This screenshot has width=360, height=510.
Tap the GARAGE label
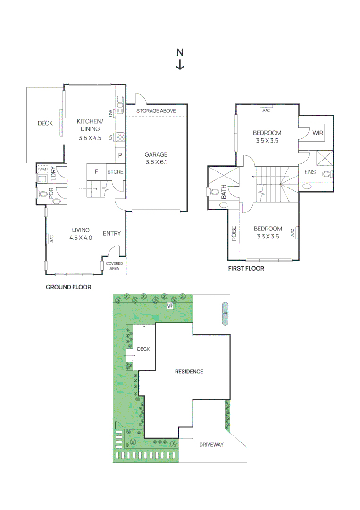[x=156, y=154]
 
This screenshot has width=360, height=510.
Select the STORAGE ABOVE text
[x=156, y=111]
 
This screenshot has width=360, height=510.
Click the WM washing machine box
[x=43, y=169]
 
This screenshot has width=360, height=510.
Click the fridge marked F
[x=96, y=172]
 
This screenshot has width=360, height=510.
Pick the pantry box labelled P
[x=120, y=155]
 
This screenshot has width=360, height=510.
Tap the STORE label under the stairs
[x=115, y=172]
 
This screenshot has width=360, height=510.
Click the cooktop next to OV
[x=120, y=137]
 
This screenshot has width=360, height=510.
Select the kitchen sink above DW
[x=120, y=102]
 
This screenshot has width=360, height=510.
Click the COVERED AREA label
[x=114, y=266]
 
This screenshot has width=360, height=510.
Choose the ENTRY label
[x=112, y=233]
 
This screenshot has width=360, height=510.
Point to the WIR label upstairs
[x=318, y=133]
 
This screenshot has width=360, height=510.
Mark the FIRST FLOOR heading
[x=246, y=268]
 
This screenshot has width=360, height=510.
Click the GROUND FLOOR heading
[x=68, y=287]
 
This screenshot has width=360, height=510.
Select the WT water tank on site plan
[x=225, y=314]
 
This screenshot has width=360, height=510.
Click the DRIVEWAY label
[x=211, y=445]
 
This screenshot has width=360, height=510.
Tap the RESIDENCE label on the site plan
[x=189, y=371]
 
